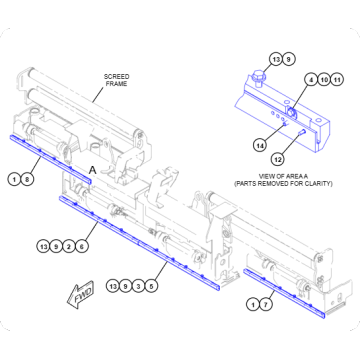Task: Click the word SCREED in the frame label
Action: [118, 75]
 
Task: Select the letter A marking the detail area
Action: [92, 171]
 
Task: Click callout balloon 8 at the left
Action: [28, 179]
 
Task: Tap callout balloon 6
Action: [83, 245]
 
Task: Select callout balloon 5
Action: [151, 286]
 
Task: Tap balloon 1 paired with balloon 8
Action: [15, 179]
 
